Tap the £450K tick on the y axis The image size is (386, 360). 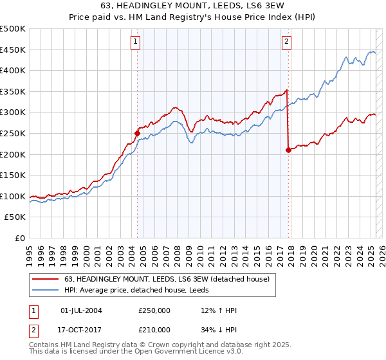pos(13,50)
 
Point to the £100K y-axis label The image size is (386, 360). pos(13,196)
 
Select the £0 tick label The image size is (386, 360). pos(20,238)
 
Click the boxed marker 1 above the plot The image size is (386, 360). pos(136,42)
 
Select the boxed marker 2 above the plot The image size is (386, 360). pos(286,42)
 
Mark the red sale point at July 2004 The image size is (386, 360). pos(137,134)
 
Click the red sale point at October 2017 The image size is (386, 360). pos(288,150)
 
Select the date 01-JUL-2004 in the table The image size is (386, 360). pos(81,311)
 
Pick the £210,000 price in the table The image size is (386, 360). pos(154,330)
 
